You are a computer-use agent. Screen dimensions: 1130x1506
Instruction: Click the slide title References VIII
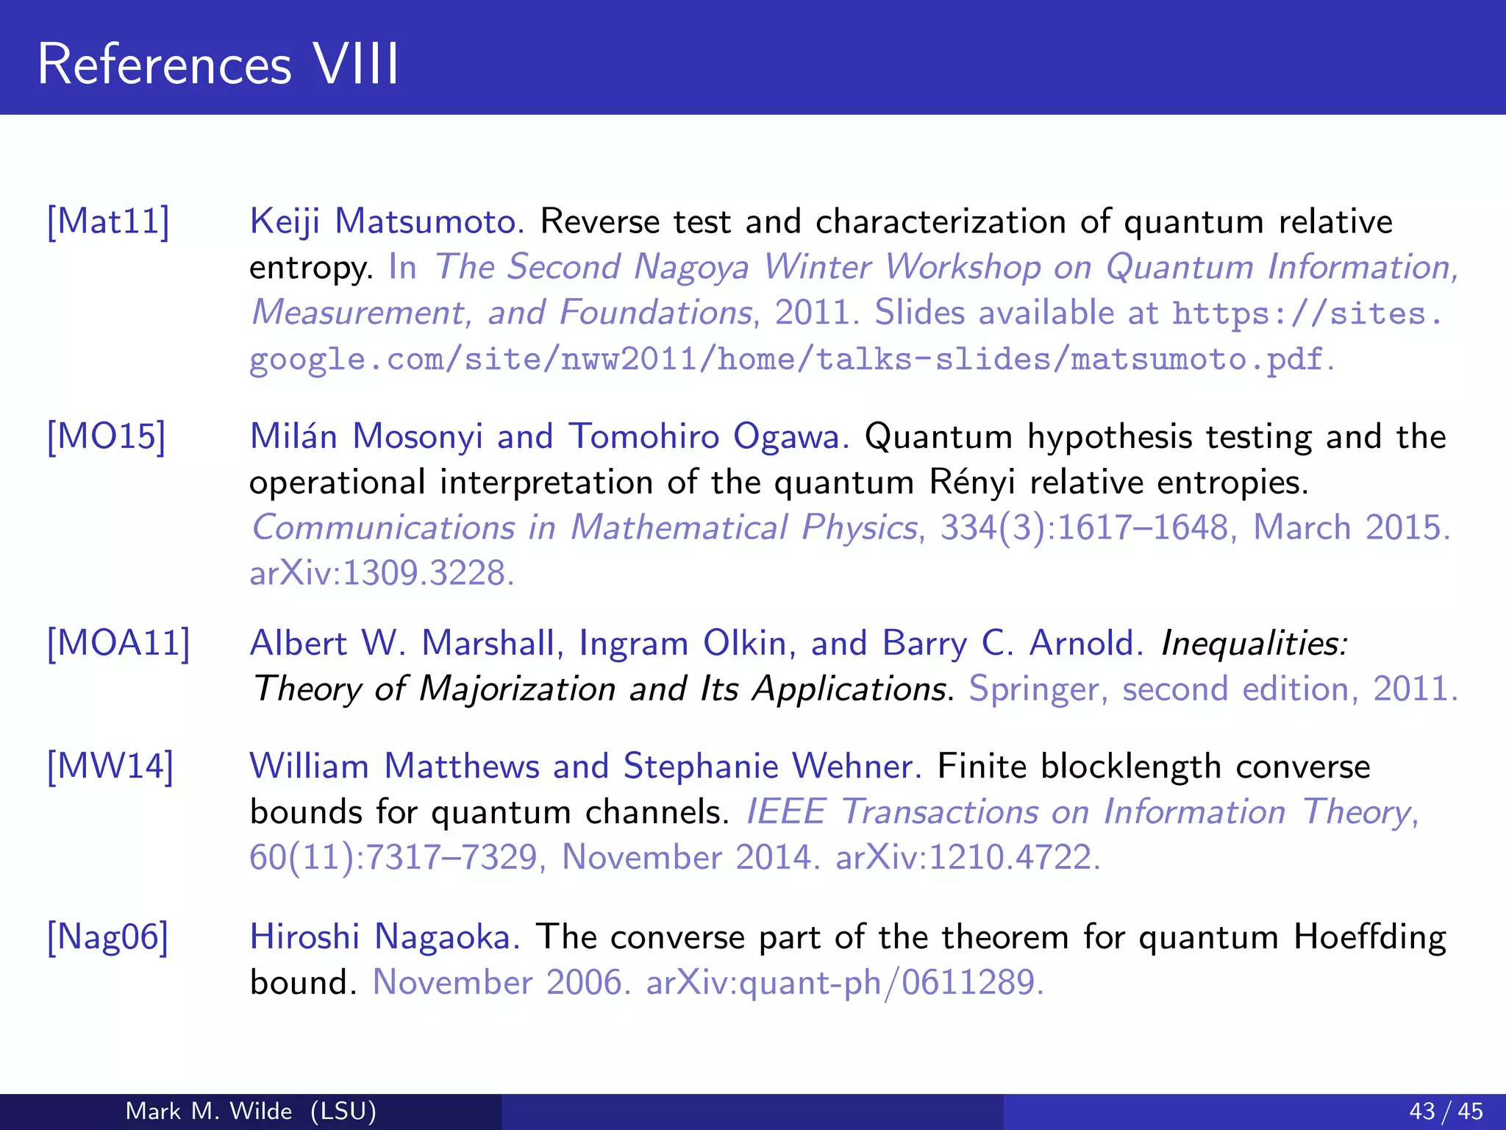218,65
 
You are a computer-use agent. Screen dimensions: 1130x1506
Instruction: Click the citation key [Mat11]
108,221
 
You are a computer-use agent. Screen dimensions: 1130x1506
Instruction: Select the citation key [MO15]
107,436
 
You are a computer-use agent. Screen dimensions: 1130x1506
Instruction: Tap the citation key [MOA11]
118,643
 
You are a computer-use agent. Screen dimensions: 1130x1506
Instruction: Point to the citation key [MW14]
110,767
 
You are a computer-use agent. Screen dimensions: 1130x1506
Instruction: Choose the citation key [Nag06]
108,937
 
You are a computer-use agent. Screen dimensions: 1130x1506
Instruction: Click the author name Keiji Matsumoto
387,221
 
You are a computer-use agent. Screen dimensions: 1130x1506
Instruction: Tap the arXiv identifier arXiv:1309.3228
382,573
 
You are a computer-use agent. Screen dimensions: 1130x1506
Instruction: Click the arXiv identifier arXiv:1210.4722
968,858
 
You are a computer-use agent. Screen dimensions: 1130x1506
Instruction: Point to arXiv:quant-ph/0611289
844,983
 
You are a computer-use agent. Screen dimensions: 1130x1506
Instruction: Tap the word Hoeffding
1369,937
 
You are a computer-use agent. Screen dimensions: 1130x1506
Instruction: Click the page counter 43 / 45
1446,1111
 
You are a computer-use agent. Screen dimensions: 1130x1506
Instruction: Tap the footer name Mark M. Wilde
209,1111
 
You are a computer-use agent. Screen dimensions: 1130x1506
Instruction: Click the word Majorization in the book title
516,689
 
